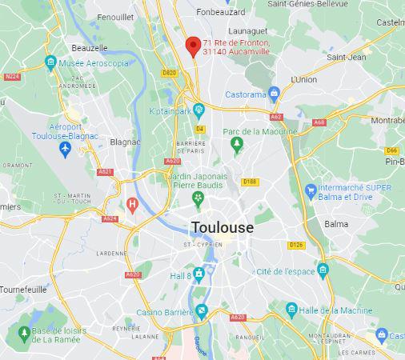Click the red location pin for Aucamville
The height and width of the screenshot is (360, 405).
click(x=192, y=46)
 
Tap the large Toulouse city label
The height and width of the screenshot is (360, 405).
click(x=222, y=228)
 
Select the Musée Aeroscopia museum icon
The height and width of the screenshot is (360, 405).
click(x=51, y=62)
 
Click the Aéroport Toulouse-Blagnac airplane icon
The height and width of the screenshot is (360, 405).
click(x=66, y=150)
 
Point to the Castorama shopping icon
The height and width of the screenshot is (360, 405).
click(x=274, y=94)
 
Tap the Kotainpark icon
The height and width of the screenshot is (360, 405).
click(x=197, y=110)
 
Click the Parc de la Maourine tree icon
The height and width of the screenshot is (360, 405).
click(x=236, y=145)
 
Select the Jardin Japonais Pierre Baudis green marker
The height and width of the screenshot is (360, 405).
click(x=198, y=198)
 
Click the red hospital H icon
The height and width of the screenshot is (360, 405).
click(x=133, y=205)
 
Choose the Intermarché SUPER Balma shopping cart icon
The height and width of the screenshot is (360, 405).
click(x=311, y=190)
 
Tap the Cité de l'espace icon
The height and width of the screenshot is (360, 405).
click(x=323, y=270)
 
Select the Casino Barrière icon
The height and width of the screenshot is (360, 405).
click(x=201, y=310)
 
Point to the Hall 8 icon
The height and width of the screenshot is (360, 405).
click(x=198, y=274)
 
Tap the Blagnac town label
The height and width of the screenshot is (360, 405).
click(x=125, y=142)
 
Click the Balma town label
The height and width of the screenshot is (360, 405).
click(x=336, y=224)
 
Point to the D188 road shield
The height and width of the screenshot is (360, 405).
click(x=251, y=182)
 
